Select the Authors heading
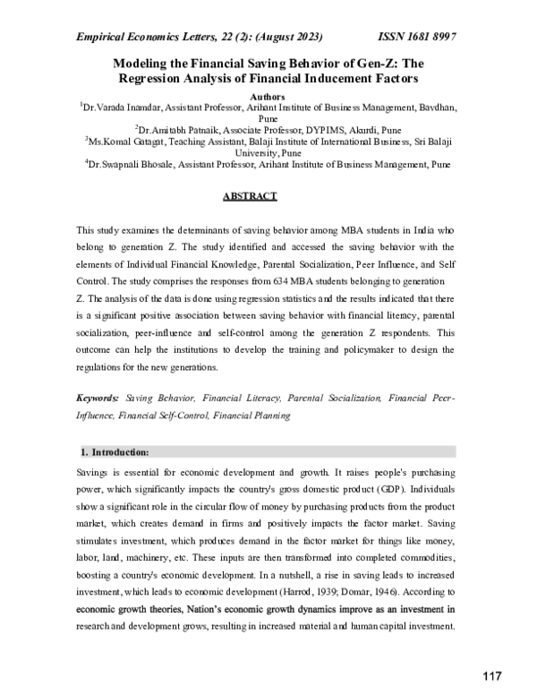pyautogui.click(x=268, y=95)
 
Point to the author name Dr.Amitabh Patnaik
pyautogui.click(x=178, y=130)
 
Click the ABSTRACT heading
pyautogui.click(x=251, y=196)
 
